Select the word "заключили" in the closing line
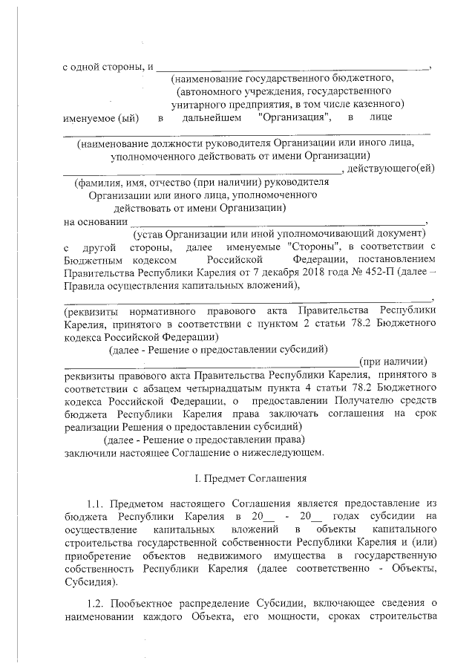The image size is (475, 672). coord(88,451)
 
